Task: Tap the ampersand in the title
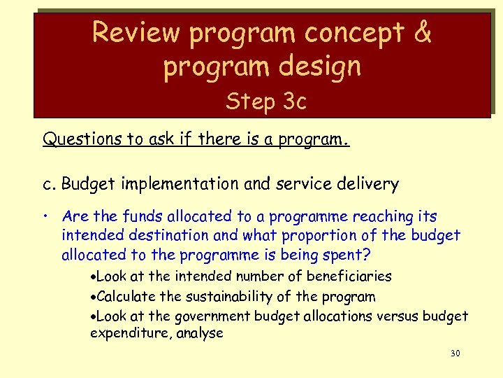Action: point(423,32)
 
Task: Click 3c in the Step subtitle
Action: point(293,102)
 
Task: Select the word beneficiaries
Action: point(347,276)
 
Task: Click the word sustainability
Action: point(224,296)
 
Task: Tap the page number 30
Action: point(455,353)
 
